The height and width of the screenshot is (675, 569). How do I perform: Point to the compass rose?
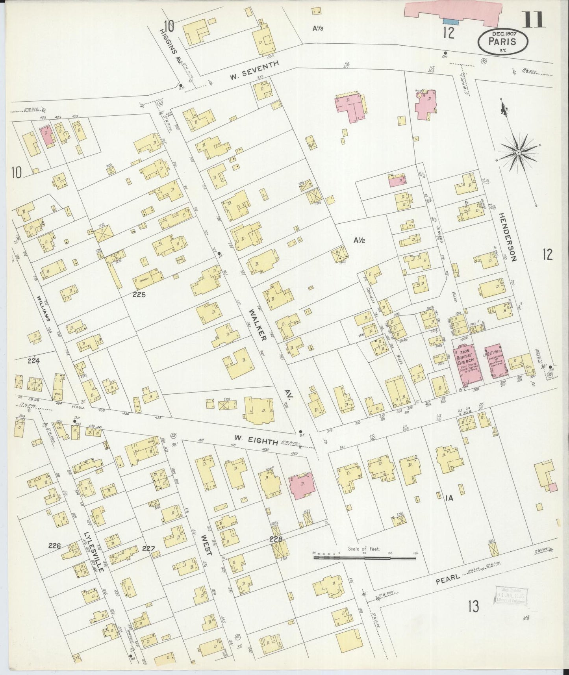519,152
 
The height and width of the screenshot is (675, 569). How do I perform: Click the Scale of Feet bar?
364,558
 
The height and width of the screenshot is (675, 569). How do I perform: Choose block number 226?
55,546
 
